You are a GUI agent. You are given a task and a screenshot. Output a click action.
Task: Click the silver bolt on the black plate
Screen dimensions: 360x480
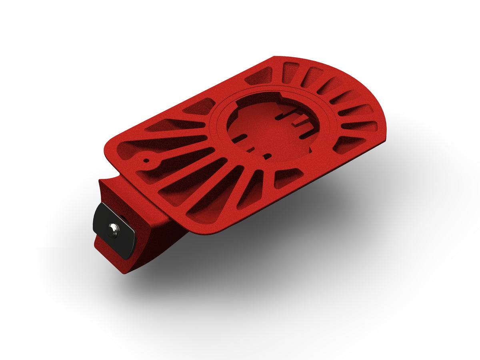(114, 229)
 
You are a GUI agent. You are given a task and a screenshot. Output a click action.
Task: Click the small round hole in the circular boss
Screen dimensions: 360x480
(147, 161)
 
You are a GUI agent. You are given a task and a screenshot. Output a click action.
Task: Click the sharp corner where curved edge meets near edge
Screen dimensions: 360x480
(384, 141)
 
